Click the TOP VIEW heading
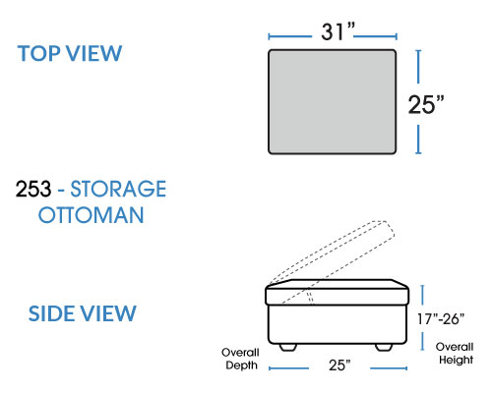[70, 53]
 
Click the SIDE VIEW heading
[82, 313]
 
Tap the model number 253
[33, 189]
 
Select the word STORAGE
[118, 189]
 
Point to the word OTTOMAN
[92, 215]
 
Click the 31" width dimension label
[338, 31]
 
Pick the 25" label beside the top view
[426, 104]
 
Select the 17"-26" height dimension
[441, 319]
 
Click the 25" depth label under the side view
[339, 365]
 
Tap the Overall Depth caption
[241, 359]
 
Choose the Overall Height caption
[456, 353]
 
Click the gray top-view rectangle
[333, 101]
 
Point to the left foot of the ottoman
[288, 347]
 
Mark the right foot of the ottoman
[384, 347]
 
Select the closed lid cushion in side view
[337, 292]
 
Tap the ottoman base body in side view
[338, 324]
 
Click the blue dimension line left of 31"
[290, 36]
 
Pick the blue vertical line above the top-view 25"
[418, 67]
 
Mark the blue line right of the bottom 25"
[389, 368]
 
